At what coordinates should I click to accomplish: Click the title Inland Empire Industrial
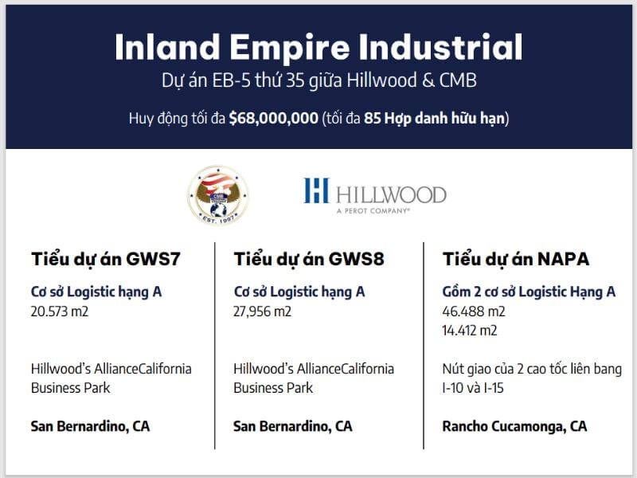pyautogui.click(x=318, y=47)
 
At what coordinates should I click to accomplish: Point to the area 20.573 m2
pyautogui.click(x=60, y=311)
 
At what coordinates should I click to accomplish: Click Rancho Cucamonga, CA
pyautogui.click(x=514, y=426)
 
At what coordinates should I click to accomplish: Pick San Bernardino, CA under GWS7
pyautogui.click(x=90, y=426)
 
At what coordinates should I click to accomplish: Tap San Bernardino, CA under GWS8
pyautogui.click(x=293, y=426)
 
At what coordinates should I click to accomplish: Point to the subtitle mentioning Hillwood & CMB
pyautogui.click(x=318, y=83)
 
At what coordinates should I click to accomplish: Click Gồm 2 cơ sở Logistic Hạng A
pyautogui.click(x=529, y=292)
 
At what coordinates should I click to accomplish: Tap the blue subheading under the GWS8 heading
pyautogui.click(x=299, y=292)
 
